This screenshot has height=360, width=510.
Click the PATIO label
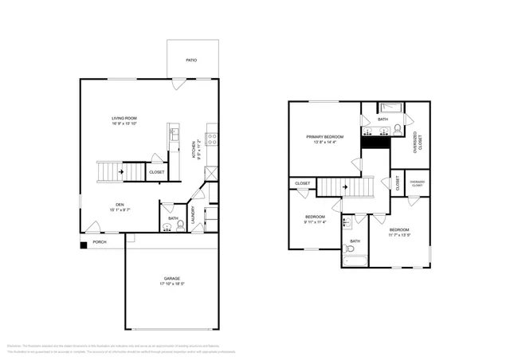[191, 60]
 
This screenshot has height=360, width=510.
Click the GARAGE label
[171, 279]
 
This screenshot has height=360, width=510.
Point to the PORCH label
[100, 242]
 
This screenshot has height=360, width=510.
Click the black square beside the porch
[83, 244]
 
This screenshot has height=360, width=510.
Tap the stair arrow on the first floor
[120, 170]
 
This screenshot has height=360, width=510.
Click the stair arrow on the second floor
[344, 188]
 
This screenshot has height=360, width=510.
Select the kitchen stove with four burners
[212, 138]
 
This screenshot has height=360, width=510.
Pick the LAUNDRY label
[193, 215]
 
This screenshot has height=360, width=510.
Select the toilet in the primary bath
[411, 119]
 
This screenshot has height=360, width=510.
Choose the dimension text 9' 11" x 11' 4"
[316, 222]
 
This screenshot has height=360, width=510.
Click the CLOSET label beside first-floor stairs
[156, 172]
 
